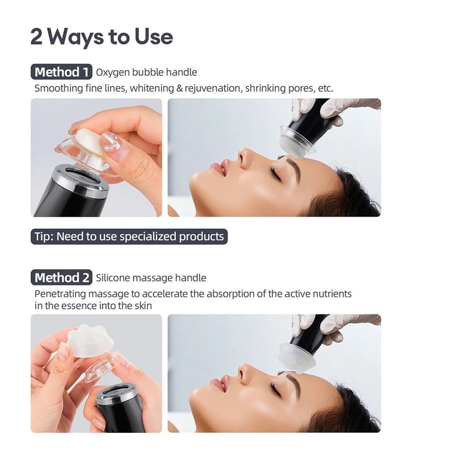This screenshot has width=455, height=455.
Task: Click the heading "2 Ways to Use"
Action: [101, 37]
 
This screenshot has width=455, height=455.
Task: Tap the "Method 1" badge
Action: [61, 72]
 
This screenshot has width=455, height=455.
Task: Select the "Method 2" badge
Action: [61, 278]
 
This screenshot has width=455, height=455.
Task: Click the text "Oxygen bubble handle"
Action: [147, 72]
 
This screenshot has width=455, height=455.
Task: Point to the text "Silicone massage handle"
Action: [151, 278]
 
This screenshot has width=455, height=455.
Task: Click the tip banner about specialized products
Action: [129, 236]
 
